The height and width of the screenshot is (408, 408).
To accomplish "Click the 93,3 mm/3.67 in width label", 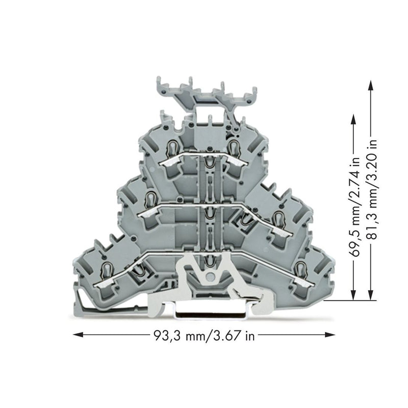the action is click(x=204, y=336).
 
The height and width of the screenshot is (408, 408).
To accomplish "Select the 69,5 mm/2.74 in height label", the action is click(x=355, y=207).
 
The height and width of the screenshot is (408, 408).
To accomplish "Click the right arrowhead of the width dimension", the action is click(x=329, y=335).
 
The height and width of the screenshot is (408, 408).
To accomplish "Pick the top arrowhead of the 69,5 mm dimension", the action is click(x=353, y=120).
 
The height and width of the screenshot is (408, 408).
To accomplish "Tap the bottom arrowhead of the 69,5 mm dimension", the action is click(x=353, y=295).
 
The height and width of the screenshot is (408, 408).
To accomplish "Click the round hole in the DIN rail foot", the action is click(x=209, y=277).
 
